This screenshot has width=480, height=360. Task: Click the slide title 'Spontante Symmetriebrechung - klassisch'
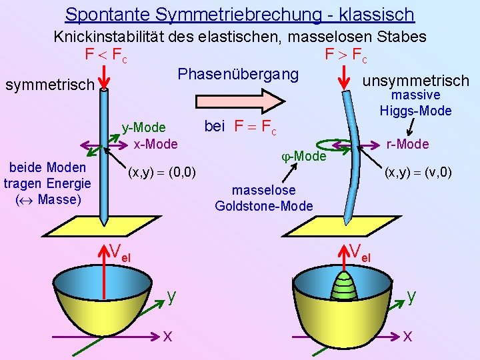240,14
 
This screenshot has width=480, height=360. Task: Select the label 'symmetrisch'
49,85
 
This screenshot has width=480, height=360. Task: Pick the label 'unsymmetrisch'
415,81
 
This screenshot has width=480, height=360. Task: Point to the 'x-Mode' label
155,143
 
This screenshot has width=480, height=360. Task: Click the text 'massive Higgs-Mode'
415,103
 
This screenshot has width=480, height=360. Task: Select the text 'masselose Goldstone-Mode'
263,198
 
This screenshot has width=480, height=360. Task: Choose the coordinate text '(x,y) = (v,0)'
418,173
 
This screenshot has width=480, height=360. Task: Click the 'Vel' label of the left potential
120,252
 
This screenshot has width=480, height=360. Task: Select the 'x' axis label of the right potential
407,337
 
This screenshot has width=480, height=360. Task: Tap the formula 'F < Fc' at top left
106,54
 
